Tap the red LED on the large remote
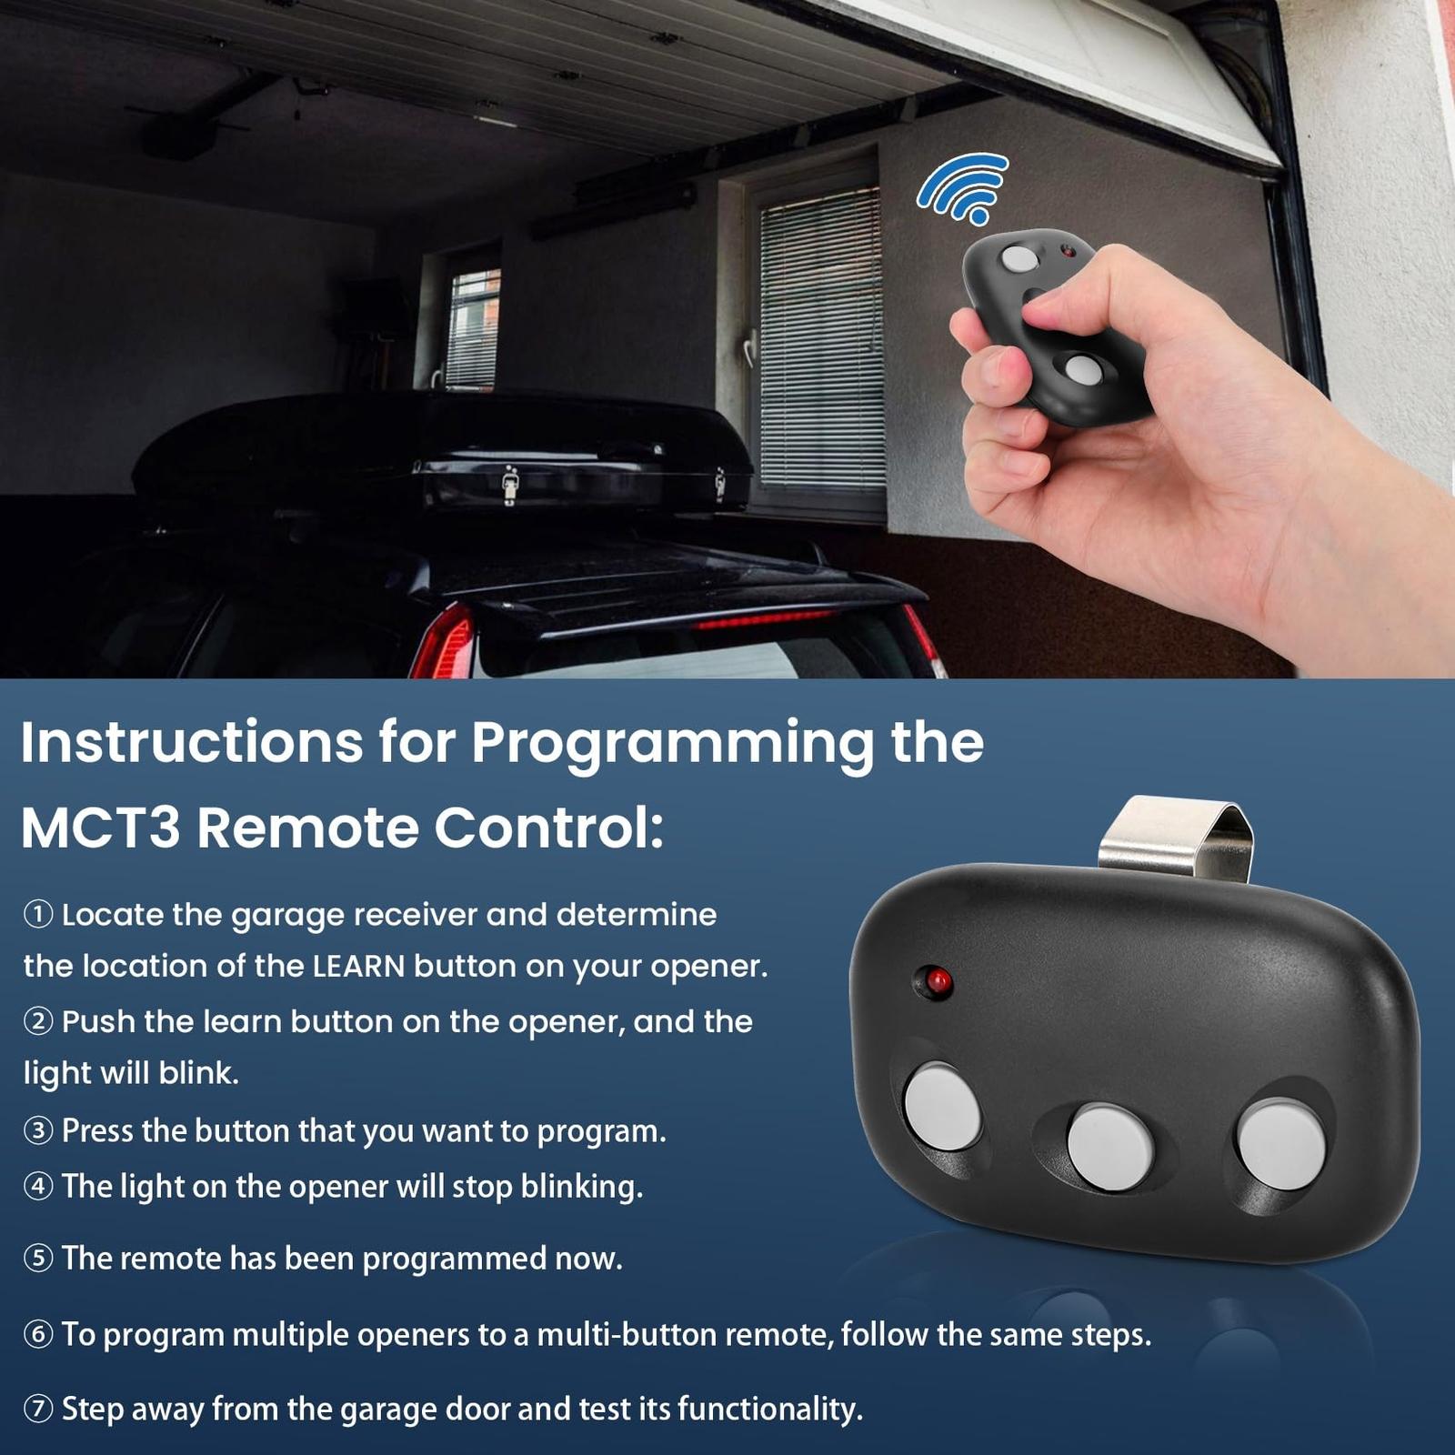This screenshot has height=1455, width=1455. pyautogui.click(x=939, y=981)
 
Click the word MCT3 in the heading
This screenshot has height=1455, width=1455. pyautogui.click(x=100, y=828)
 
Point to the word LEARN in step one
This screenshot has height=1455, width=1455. pyautogui.click(x=358, y=967)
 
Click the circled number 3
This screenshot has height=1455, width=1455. pyautogui.click(x=38, y=1131)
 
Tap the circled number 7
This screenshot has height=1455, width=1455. pyautogui.click(x=38, y=1410)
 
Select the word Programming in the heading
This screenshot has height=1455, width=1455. pyautogui.click(x=672, y=744)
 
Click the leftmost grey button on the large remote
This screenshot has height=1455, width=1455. pyautogui.click(x=943, y=1107)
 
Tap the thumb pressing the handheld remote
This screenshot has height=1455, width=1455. pyautogui.click(x=1055, y=314)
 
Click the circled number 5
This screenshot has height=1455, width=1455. pyautogui.click(x=38, y=1259)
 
